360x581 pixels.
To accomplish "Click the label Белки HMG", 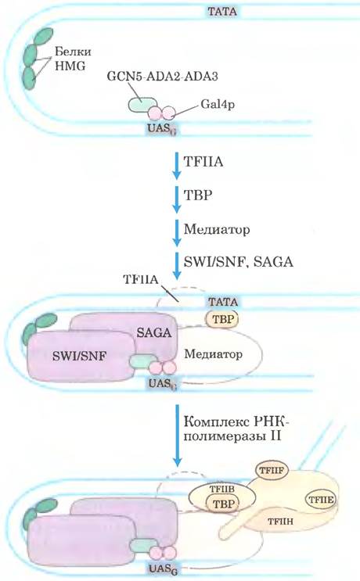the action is pyautogui.click(x=73, y=58).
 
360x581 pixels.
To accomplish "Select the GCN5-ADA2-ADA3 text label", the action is pyautogui.click(x=162, y=76).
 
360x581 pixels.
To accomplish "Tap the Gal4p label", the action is pyautogui.click(x=218, y=104).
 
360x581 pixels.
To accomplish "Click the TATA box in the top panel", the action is pyautogui.click(x=221, y=11).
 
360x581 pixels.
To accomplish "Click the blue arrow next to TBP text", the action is pyautogui.click(x=177, y=199).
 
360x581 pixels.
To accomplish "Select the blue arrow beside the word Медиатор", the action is pyautogui.click(x=177, y=233).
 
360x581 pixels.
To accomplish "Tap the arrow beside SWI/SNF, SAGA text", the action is pyautogui.click(x=177, y=266).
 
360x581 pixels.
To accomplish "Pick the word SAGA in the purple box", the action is pyautogui.click(x=154, y=332).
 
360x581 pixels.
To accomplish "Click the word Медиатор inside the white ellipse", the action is pyautogui.click(x=213, y=354).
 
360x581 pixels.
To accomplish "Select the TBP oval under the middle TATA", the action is pyautogui.click(x=222, y=319).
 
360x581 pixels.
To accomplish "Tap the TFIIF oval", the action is pyautogui.click(x=272, y=471).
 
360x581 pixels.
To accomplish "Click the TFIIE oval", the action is pyautogui.click(x=321, y=500).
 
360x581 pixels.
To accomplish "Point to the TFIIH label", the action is pyautogui.click(x=281, y=521).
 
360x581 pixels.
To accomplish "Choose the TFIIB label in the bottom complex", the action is pyautogui.click(x=221, y=490).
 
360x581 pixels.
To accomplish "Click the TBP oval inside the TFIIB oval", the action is pyautogui.click(x=222, y=504).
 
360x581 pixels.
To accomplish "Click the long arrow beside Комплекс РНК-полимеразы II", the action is pyautogui.click(x=178, y=436).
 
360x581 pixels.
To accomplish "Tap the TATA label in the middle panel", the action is pyautogui.click(x=222, y=301).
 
